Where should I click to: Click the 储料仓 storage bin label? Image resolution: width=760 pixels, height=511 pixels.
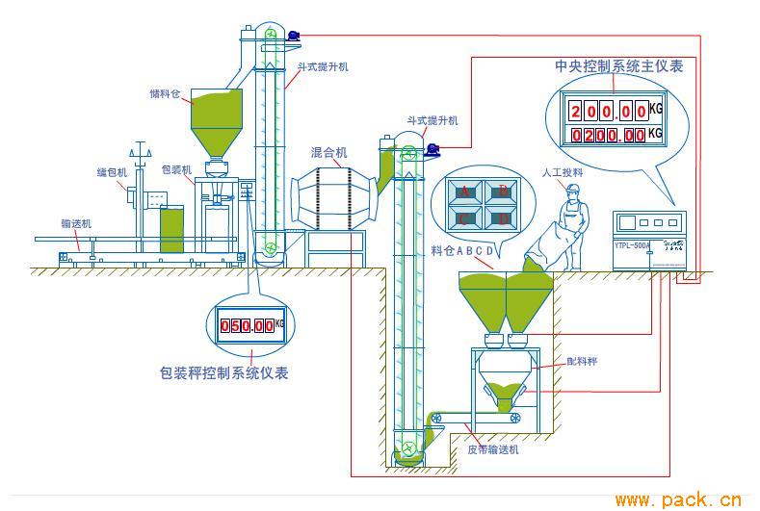165,94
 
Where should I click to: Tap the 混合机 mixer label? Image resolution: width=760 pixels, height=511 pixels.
329,152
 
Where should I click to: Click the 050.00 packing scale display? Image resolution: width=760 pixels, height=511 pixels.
247,325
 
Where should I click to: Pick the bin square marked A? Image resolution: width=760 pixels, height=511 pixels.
464,192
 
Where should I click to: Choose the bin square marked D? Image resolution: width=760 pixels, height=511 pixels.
502,218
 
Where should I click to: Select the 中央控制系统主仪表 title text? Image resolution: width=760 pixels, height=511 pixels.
619,66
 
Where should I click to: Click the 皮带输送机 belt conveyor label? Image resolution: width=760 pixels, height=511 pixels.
493,448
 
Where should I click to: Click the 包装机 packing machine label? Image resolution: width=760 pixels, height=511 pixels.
176,169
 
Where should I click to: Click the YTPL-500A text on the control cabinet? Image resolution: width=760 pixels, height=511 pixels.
632,245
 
